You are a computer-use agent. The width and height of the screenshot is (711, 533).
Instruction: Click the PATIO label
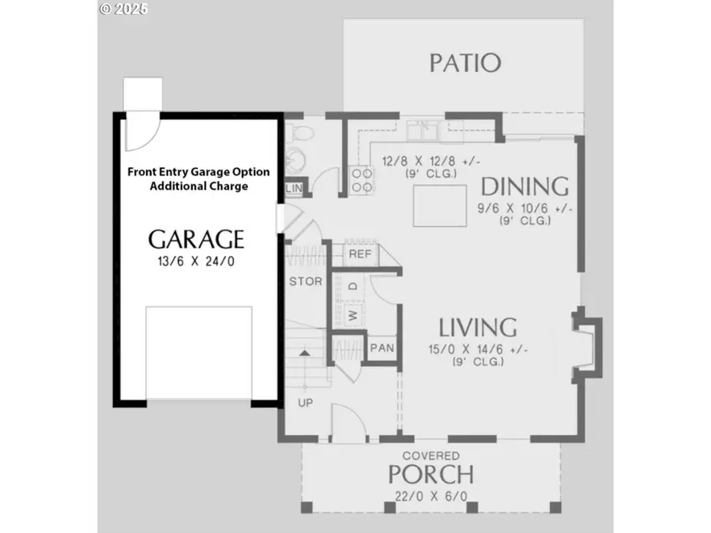tap(465, 62)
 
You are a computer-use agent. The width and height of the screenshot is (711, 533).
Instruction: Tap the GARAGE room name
tap(196, 238)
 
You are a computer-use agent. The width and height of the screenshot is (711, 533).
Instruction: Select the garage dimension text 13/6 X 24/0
tap(197, 261)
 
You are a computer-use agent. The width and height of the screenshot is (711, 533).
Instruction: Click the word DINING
tap(525, 186)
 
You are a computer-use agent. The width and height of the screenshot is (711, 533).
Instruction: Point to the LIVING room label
tap(478, 326)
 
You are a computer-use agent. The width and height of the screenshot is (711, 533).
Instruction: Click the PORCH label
tap(431, 475)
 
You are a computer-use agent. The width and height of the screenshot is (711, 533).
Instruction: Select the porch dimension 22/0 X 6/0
tap(431, 496)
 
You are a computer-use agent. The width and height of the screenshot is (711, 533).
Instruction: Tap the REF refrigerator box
tap(360, 254)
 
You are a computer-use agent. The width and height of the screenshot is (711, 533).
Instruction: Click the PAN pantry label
tap(382, 347)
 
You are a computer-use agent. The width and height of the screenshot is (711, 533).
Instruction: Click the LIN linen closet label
tap(294, 188)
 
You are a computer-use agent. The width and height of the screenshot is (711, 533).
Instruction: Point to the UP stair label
tap(304, 403)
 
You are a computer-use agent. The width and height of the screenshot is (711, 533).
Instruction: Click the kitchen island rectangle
tap(439, 205)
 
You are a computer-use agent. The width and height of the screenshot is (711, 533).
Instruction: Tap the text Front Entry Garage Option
tap(198, 171)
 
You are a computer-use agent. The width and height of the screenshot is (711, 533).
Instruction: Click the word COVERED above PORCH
tap(431, 456)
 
